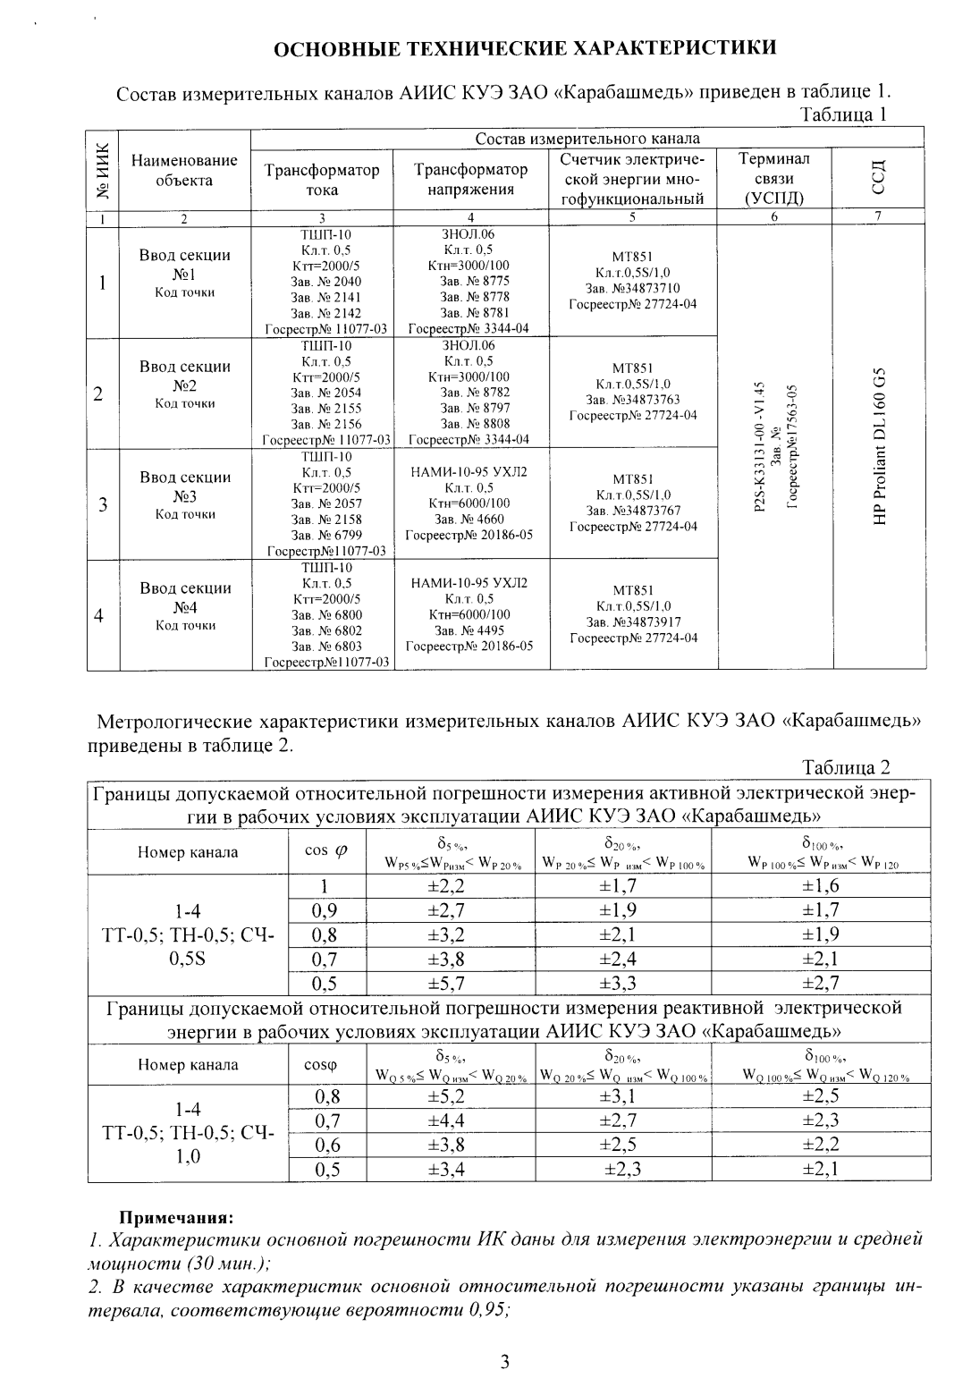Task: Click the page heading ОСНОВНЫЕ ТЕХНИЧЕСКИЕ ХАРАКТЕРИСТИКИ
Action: [524, 47]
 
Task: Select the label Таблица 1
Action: [845, 114]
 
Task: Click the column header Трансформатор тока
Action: [322, 180]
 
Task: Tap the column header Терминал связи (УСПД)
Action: [774, 180]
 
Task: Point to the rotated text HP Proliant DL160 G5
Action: [882, 447]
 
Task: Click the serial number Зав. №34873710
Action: [632, 288]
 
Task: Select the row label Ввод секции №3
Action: [185, 486]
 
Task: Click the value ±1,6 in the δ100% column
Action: [821, 886]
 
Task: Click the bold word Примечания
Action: [176, 1218]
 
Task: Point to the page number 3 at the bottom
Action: [504, 1362]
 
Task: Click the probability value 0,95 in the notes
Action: [483, 1309]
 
